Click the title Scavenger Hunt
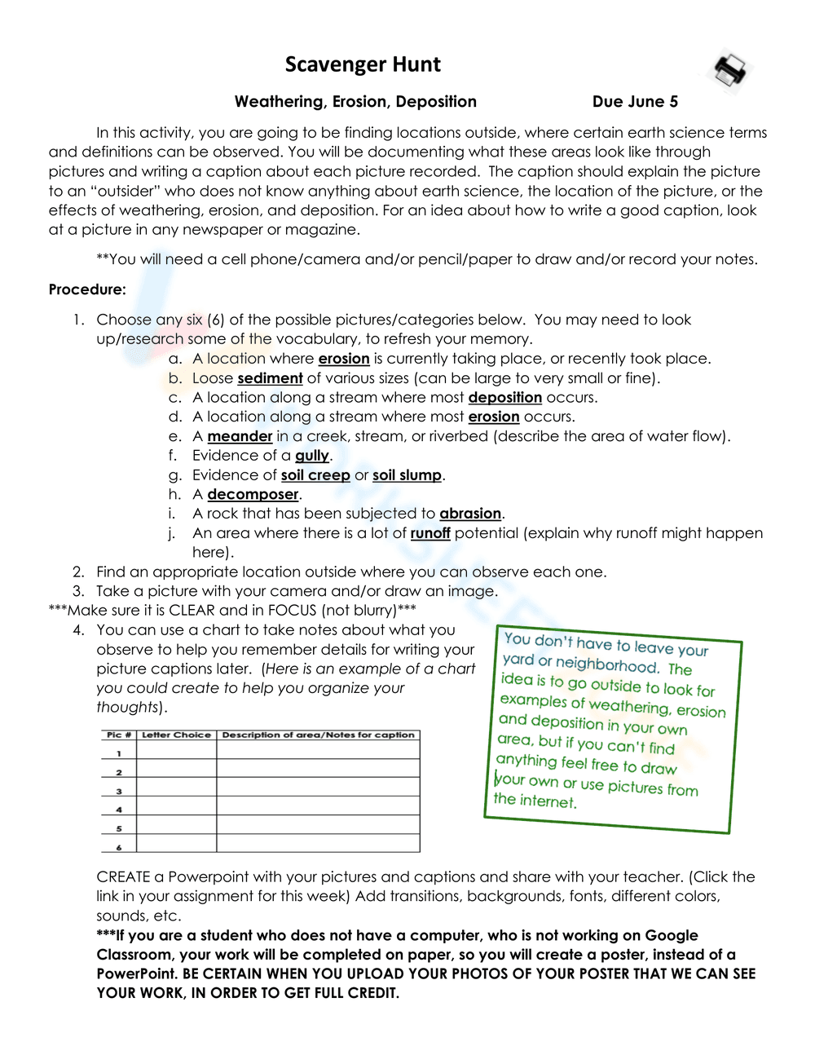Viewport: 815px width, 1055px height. (363, 64)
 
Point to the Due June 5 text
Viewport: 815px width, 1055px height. (635, 102)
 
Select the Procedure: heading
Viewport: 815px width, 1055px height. (87, 289)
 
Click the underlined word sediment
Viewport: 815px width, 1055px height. (270, 378)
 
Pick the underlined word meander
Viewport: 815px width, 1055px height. (240, 436)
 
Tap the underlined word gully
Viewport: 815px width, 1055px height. (312, 456)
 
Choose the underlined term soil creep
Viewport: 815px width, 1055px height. (315, 475)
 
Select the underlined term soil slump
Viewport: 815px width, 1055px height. (407, 475)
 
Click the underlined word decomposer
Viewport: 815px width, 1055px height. (253, 495)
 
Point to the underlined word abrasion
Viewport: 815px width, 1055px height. (470, 514)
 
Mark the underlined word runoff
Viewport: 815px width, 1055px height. (430, 533)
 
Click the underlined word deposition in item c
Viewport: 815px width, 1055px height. (504, 398)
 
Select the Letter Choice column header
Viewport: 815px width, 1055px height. (176, 735)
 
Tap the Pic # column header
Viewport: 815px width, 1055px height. (119, 735)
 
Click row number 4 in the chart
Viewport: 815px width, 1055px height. (119, 810)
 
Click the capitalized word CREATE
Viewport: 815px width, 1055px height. (123, 877)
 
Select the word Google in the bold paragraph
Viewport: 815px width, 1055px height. (672, 935)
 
